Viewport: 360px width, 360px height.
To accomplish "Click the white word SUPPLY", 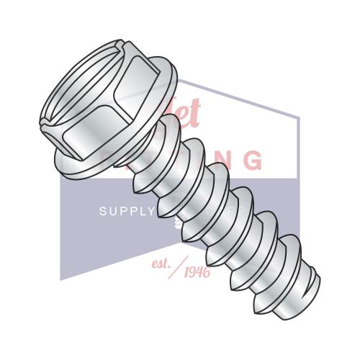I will pyautogui.click(x=126, y=212).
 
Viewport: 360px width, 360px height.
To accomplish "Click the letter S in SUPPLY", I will pyautogui.click(x=102, y=212).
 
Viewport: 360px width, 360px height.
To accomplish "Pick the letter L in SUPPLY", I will pyautogui.click(x=140, y=212).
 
